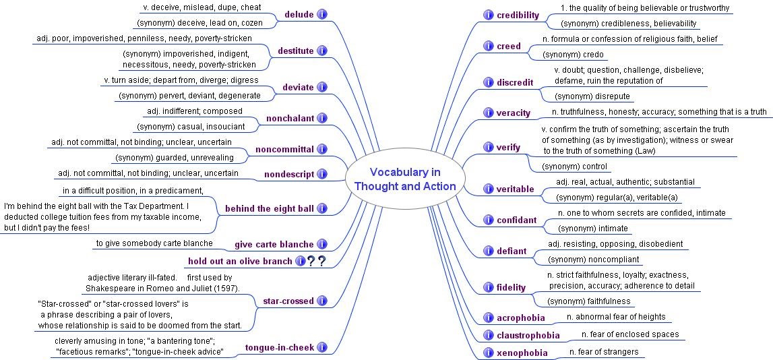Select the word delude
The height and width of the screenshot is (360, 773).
point(299,14)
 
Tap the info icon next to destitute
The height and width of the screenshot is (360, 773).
point(322,51)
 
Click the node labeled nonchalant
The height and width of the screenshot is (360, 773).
point(290,119)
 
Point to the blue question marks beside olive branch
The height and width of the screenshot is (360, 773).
point(316,262)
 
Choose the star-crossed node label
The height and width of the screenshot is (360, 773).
point(288,301)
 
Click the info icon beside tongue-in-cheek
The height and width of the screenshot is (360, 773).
point(322,348)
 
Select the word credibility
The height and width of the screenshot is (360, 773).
point(518,16)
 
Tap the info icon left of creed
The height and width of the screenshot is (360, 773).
point(488,46)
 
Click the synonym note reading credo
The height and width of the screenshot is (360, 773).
point(574,55)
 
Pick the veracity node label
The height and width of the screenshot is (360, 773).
point(514,113)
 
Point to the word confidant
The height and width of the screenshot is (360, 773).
point(516,220)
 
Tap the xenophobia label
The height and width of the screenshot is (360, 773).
point(522,353)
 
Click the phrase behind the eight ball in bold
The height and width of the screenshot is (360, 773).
point(269,208)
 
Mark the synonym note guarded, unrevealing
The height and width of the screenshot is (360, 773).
point(175,158)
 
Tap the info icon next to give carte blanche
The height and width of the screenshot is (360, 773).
point(322,244)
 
